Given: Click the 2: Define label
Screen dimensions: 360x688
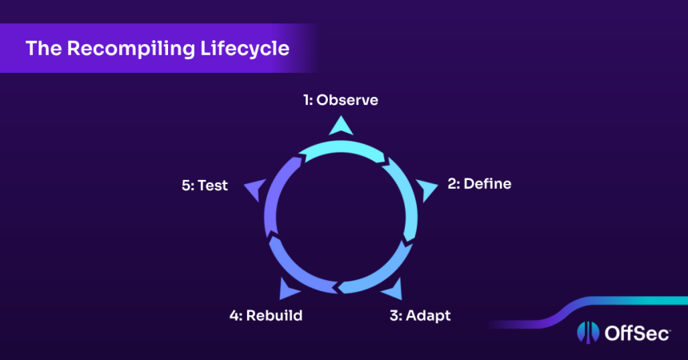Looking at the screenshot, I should pyautogui.click(x=478, y=184).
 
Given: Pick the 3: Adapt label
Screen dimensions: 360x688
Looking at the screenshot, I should pyautogui.click(x=420, y=315).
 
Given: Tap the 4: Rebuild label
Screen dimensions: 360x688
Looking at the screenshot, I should pyautogui.click(x=266, y=315).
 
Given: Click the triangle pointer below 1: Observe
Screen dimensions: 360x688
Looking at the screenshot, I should pyautogui.click(x=342, y=125).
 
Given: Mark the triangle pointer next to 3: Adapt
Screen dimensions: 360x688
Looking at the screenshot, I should pyautogui.click(x=392, y=289).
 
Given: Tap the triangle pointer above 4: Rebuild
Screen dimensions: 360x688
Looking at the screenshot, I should pyautogui.click(x=290, y=289).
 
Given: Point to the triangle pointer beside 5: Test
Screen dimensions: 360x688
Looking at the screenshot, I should pyautogui.click(x=254, y=190).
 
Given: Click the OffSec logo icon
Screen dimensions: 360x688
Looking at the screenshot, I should pyautogui.click(x=586, y=333).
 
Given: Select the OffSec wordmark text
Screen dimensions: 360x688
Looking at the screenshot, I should pyautogui.click(x=634, y=333).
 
